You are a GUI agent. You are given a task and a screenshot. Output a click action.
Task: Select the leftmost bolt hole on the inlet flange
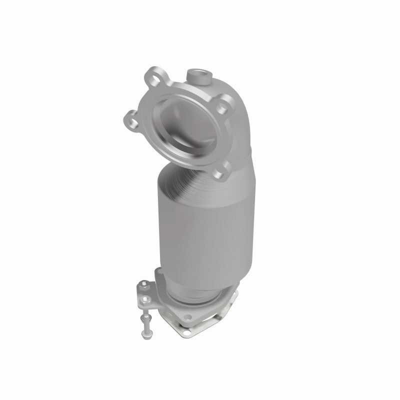pyautogui.click(x=131, y=120)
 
